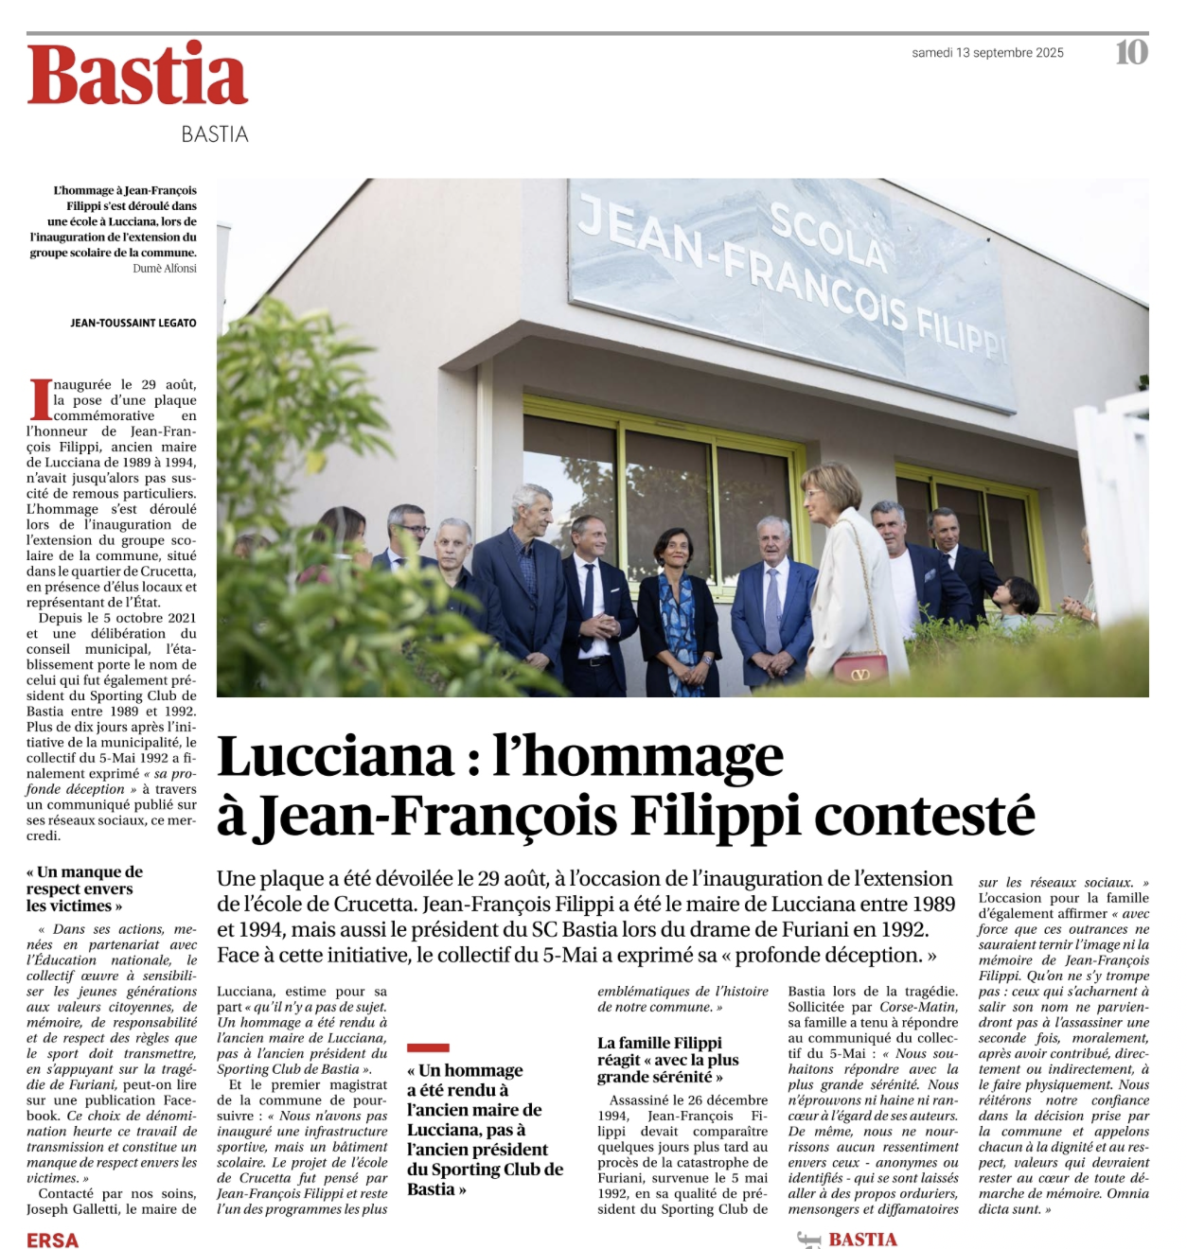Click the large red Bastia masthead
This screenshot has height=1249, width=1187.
pyautogui.click(x=138, y=75)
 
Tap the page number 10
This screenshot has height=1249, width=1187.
pyautogui.click(x=1131, y=52)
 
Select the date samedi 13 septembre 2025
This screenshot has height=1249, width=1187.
pyautogui.click(x=987, y=53)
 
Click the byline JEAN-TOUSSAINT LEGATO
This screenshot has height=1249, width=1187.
pyautogui.click(x=133, y=323)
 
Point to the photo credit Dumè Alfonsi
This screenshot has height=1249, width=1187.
pyautogui.click(x=165, y=269)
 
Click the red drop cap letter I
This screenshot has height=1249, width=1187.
pyautogui.click(x=40, y=398)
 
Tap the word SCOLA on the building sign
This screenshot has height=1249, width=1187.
pyautogui.click(x=828, y=237)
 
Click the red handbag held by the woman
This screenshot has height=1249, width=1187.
pyautogui.click(x=859, y=666)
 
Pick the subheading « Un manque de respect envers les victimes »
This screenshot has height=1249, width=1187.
pyautogui.click(x=84, y=888)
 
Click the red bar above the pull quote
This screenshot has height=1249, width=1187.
pyautogui.click(x=428, y=1047)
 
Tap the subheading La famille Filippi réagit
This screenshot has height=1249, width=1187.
pyautogui.click(x=667, y=1060)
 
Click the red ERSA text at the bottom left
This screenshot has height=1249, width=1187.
pyautogui.click(x=53, y=1240)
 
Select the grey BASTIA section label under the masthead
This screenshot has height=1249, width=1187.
pyautogui.click(x=215, y=134)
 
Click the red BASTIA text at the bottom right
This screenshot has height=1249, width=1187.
pyautogui.click(x=862, y=1240)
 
